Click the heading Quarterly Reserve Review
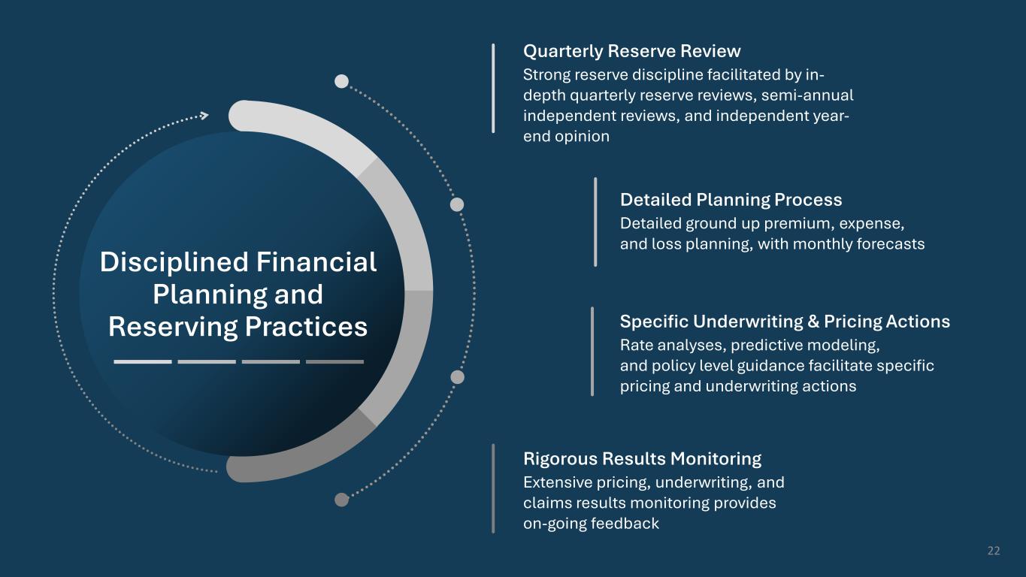point(631,51)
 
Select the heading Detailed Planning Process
point(731,200)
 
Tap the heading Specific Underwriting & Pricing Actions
point(785,322)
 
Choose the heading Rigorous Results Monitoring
point(642,458)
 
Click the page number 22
point(994,551)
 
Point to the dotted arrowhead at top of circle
point(204,116)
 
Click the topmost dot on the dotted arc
point(342,81)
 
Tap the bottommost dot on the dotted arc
point(342,500)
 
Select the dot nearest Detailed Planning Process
point(457,204)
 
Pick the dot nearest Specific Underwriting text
point(457,377)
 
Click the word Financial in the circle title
point(316,262)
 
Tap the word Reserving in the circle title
point(173,327)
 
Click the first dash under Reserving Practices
point(143,362)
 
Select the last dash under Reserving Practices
point(334,362)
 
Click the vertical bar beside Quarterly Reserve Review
point(493,89)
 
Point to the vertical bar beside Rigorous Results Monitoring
point(493,488)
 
